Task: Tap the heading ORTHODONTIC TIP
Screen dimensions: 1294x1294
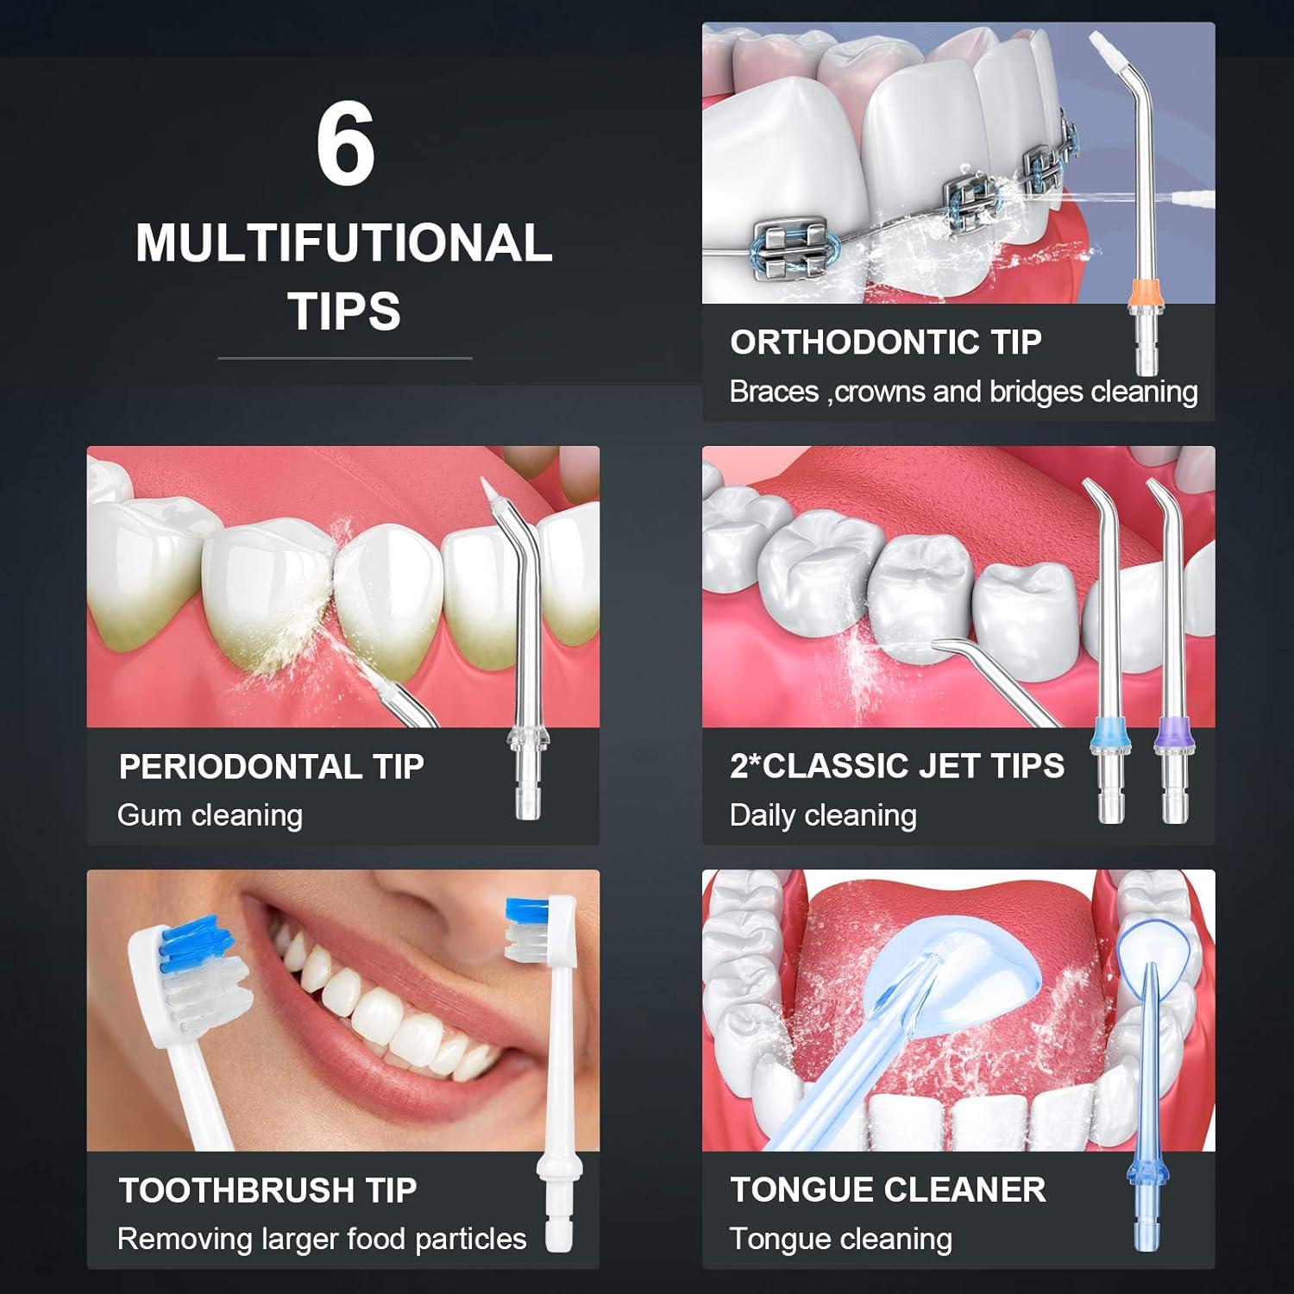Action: click(x=885, y=342)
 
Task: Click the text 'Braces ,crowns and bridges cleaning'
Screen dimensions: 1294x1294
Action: click(x=963, y=392)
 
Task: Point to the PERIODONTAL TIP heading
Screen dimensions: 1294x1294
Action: click(x=271, y=767)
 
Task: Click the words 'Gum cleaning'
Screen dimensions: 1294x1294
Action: click(x=210, y=815)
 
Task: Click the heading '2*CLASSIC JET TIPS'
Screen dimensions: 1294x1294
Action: click(x=896, y=766)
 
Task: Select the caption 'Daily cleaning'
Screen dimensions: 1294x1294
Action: click(x=822, y=815)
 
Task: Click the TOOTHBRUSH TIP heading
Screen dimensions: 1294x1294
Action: click(x=267, y=1190)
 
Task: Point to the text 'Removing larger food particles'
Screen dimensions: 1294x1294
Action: click(x=321, y=1239)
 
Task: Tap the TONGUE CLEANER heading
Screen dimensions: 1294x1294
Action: click(x=887, y=1190)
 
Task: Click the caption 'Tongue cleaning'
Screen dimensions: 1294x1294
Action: click(x=840, y=1239)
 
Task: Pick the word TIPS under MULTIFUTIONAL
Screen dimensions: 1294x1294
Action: click(x=344, y=311)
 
